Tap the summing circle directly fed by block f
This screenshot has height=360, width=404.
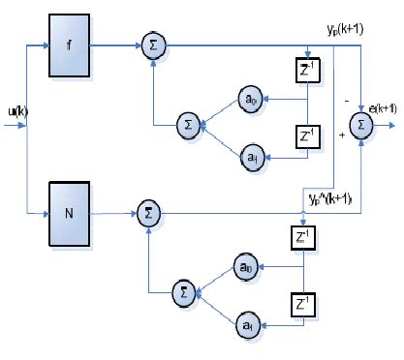tap(152, 45)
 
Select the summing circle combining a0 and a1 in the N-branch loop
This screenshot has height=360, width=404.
tap(181, 289)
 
